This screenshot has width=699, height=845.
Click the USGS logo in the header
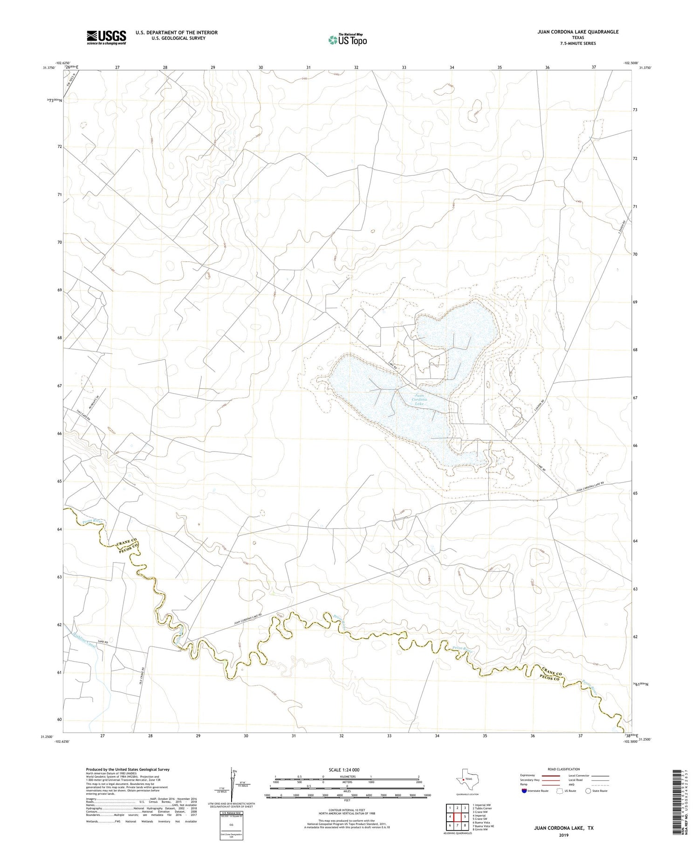click(106, 37)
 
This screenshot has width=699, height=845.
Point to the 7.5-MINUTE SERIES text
click(578, 43)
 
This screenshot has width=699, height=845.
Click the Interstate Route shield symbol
click(525, 791)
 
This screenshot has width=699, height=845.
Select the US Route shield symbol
click(560, 791)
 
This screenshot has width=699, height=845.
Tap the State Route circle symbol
click(588, 791)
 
